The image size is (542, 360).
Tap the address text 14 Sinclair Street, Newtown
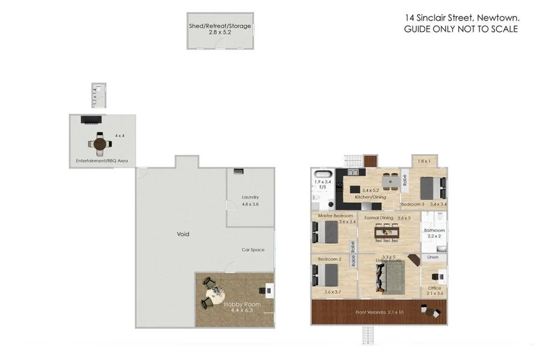pos(461,18)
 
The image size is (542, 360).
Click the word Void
pos(183,234)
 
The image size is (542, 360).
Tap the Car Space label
pos(253,249)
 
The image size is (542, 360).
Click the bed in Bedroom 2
pos(326,275)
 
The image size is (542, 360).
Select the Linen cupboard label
pos(433,258)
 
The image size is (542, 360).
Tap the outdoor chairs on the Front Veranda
pos(432,312)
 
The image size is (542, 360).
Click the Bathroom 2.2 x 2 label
pos(434,233)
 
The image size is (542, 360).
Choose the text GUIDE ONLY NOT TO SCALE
pos(461,29)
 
